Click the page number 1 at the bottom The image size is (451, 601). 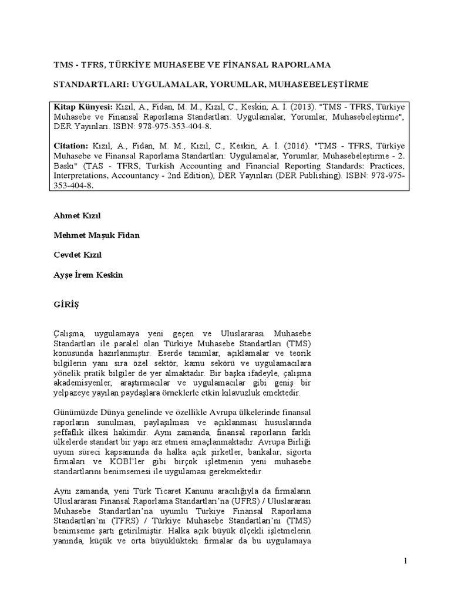click(405, 562)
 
